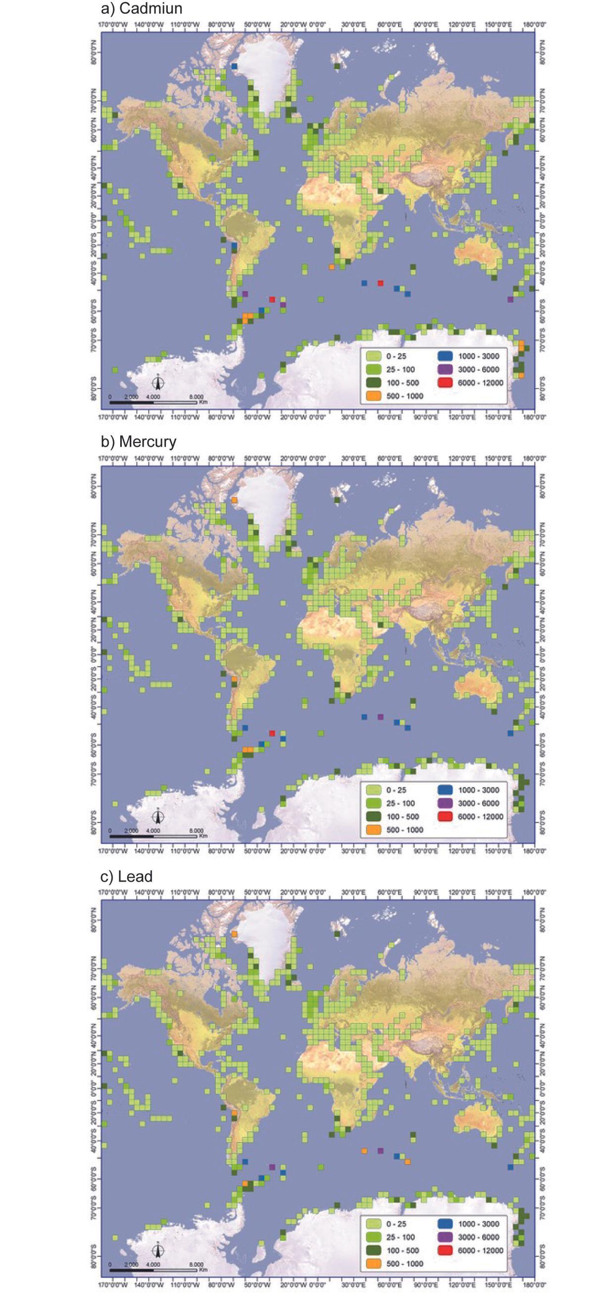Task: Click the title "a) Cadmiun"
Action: click(142, 8)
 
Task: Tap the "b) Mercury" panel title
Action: click(139, 442)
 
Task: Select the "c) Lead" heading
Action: click(126, 876)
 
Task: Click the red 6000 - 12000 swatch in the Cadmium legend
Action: click(446, 383)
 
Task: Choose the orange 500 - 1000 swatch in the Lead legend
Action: click(374, 1263)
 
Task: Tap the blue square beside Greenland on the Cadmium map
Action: click(234, 66)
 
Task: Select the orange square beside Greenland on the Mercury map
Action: click(234, 500)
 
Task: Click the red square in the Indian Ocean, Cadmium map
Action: click(381, 282)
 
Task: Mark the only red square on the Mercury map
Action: click(272, 733)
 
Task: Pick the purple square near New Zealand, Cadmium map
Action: click(510, 299)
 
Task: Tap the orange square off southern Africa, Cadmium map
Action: click(331, 267)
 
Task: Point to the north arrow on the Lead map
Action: click(158, 1250)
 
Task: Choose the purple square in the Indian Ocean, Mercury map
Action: click(381, 717)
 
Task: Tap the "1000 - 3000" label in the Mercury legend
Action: click(478, 790)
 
